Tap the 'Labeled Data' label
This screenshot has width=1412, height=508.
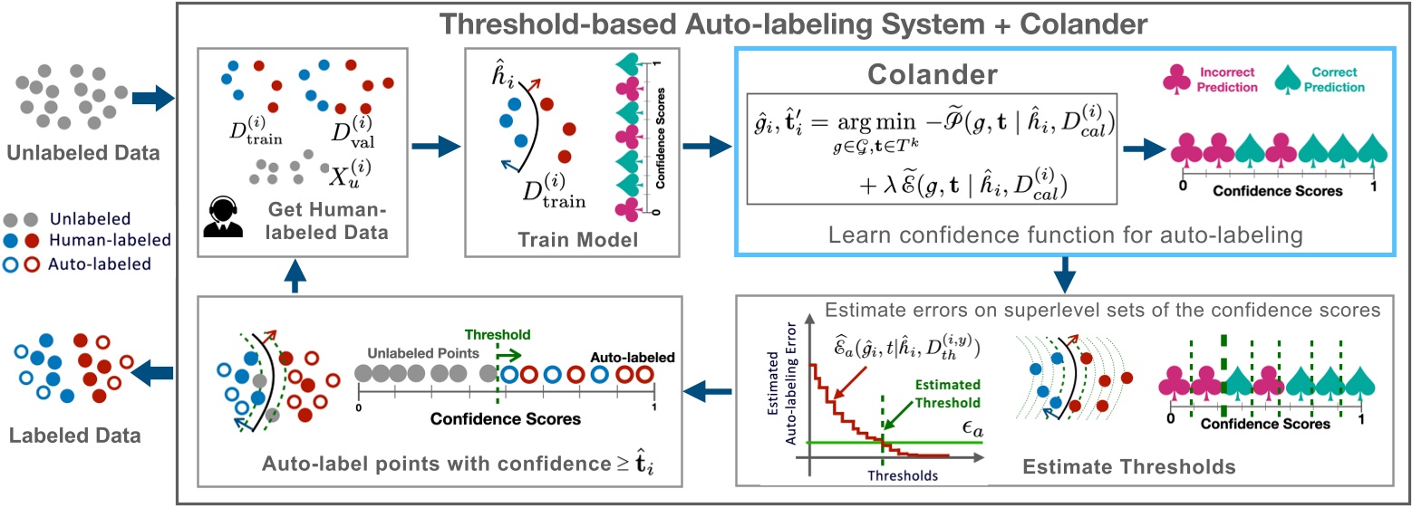(x=75, y=436)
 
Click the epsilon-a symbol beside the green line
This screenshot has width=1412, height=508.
(x=973, y=426)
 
